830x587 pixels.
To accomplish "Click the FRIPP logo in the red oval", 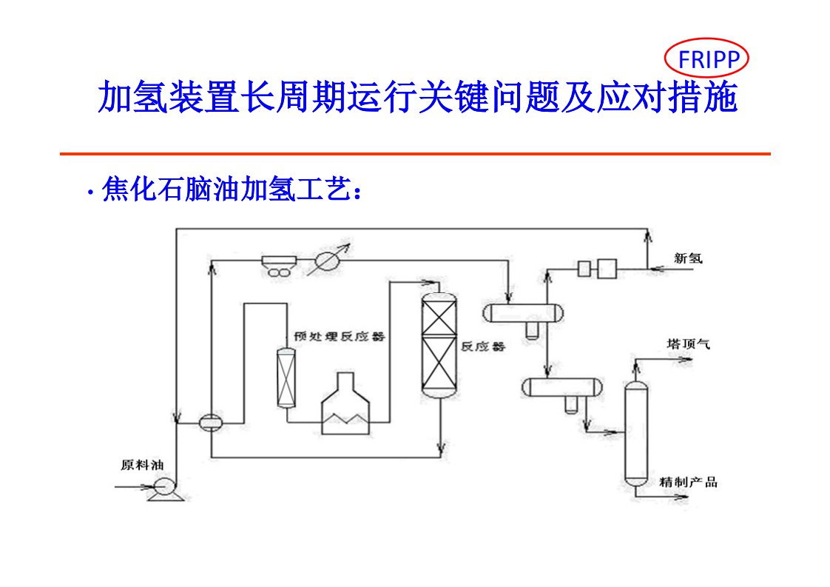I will coord(708,58).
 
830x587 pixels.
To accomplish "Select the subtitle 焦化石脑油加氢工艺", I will coord(231,190).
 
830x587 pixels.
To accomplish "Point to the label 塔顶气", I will coord(688,344).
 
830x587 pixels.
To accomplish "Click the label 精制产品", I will coord(688,483).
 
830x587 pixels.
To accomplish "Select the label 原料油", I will coord(141,466).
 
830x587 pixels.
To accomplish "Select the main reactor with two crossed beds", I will coord(439,344).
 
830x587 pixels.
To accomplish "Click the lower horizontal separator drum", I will coord(561,386).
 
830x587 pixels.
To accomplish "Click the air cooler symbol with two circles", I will coord(279,266).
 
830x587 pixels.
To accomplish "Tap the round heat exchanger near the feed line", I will coord(211,423).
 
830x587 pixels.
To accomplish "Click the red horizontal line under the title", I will coord(415,154).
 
